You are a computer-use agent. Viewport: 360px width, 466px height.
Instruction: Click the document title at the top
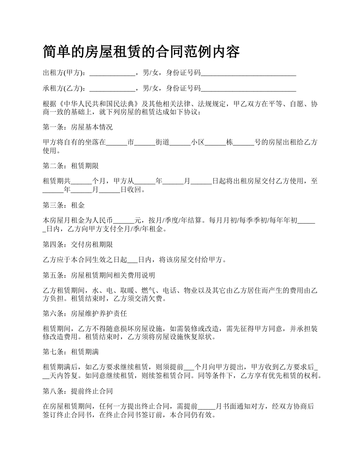pos(141,52)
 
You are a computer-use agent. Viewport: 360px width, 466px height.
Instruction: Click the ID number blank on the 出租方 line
pos(248,73)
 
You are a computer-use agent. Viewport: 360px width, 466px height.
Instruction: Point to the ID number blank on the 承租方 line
pos(248,89)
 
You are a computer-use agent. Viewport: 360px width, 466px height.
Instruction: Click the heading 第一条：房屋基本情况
pos(78,127)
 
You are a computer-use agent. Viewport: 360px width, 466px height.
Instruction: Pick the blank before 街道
pos(146,143)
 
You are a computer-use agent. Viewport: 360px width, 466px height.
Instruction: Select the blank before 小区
pos(180,143)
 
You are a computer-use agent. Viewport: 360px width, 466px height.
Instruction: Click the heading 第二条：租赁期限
pos(71,166)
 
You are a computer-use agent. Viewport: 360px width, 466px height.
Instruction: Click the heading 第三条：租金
pos(64,205)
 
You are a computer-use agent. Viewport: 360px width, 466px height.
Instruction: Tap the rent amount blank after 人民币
pos(124,221)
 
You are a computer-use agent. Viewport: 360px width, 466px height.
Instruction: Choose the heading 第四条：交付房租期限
pos(78,245)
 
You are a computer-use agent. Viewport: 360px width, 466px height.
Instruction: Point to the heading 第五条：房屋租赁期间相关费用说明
pos(99,275)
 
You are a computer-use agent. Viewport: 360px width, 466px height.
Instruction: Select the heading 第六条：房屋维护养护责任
pos(85,314)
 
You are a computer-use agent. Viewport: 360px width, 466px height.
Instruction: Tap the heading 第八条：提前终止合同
pos(78,391)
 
